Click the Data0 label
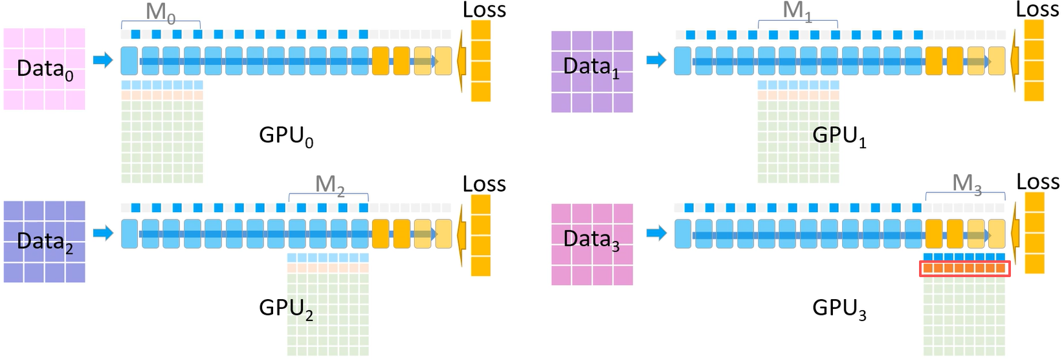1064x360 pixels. pos(45,69)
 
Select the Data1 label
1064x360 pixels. pos(592,67)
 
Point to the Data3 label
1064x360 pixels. pos(592,240)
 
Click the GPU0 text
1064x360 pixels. pos(286,137)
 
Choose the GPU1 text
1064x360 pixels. pos(839,137)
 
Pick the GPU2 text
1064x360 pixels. pos(286,309)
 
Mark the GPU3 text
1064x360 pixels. pos(839,309)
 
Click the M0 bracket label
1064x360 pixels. pos(161,12)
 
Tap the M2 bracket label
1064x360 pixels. pos(329,185)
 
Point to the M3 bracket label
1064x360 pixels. pos(967,184)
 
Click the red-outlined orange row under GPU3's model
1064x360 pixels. pos(965,269)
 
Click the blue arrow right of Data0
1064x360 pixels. pos(103,60)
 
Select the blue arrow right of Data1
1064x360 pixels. pos(656,60)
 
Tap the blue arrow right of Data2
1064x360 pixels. pos(103,232)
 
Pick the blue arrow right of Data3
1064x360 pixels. pos(656,232)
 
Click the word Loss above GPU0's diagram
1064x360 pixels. pos(485,10)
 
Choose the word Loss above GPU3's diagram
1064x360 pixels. pos(1038,182)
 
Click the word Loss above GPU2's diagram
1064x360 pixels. pos(485,185)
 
